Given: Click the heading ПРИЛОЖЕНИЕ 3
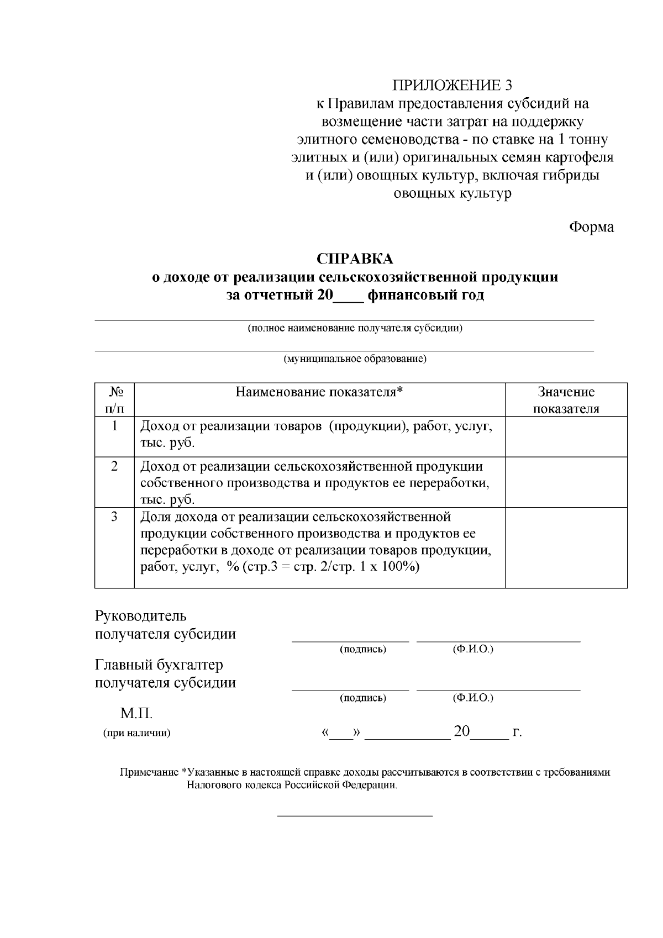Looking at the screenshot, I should tap(452, 86).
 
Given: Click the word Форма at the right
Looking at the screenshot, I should tap(591, 227).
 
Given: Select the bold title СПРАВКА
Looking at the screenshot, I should tap(355, 259).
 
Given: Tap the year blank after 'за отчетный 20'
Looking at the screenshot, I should tap(348, 296).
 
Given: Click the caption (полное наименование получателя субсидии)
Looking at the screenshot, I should tap(355, 328).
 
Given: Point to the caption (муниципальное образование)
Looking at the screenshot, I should tap(355, 359).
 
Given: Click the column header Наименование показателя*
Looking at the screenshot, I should tap(319, 392).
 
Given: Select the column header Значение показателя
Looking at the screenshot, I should tap(566, 401).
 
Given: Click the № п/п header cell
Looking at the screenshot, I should tap(115, 401).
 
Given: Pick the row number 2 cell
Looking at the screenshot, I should tap(115, 466).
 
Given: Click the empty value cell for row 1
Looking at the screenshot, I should tap(566, 436).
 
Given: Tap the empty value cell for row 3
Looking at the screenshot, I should tap(566, 547).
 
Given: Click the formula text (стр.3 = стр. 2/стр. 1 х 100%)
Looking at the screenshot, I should tap(330, 567).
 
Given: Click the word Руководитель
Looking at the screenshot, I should tap(141, 616).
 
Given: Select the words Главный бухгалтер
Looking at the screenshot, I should tap(159, 665).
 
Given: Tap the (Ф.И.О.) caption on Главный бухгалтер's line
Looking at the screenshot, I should tap(472, 698).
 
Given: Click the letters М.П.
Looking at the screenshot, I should tap(136, 714).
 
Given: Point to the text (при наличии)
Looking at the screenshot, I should tap(136, 734).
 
